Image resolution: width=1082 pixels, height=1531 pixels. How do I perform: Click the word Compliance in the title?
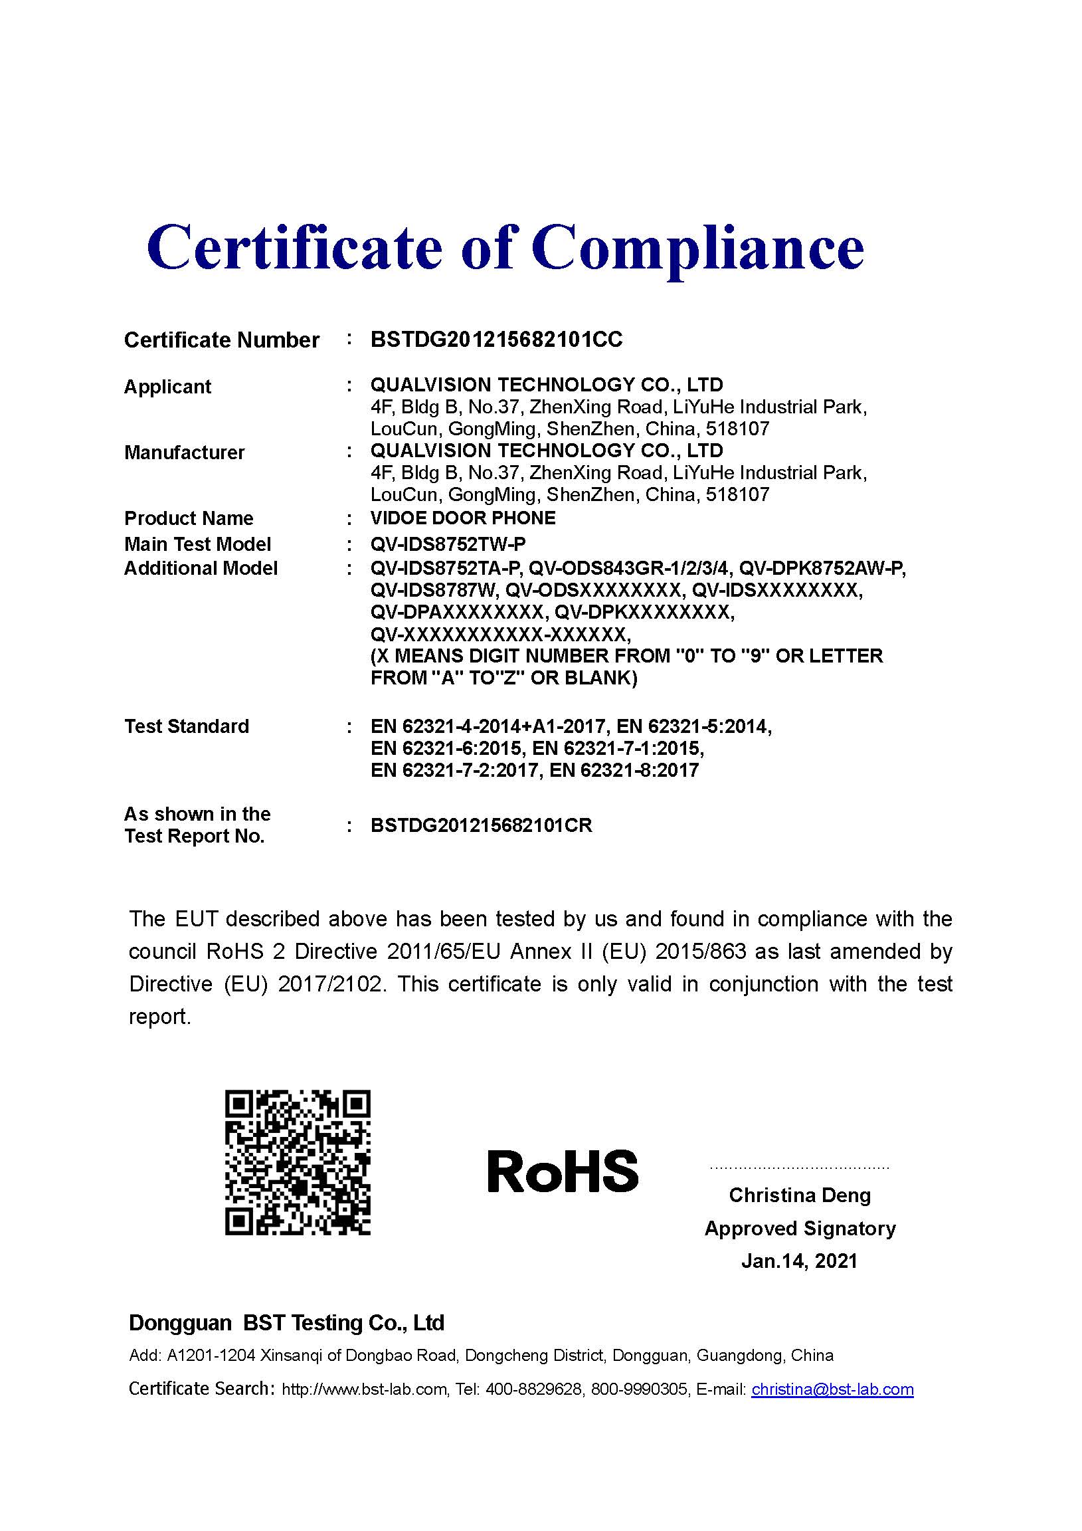[x=697, y=248]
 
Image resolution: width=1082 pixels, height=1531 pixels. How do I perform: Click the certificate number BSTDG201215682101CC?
[x=496, y=340]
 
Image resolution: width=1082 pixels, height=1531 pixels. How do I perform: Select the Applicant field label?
[x=167, y=386]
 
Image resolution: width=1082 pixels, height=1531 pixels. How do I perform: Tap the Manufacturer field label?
[x=184, y=452]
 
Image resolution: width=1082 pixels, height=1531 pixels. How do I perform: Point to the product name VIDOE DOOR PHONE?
[x=463, y=518]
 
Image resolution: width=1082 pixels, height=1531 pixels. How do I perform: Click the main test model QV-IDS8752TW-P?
[x=447, y=544]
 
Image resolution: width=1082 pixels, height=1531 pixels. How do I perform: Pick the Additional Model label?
[x=201, y=568]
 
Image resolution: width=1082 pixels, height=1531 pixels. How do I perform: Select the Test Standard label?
[x=187, y=726]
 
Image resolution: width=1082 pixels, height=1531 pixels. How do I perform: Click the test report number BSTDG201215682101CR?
[x=482, y=825]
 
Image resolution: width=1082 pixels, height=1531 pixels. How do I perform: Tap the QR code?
[x=298, y=1162]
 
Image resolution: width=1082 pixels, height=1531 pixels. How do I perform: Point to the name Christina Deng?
[x=799, y=1195]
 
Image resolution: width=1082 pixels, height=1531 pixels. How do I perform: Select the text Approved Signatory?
[x=799, y=1227]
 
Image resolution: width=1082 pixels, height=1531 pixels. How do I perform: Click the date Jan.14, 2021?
[x=799, y=1261]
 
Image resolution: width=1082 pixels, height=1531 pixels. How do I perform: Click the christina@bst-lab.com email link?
[x=832, y=1389]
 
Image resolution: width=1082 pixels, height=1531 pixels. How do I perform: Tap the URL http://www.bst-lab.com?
[x=364, y=1389]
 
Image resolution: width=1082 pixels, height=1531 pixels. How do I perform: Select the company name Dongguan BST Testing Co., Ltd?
[x=287, y=1323]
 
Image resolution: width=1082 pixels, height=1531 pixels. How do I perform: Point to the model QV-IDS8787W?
[x=432, y=590]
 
